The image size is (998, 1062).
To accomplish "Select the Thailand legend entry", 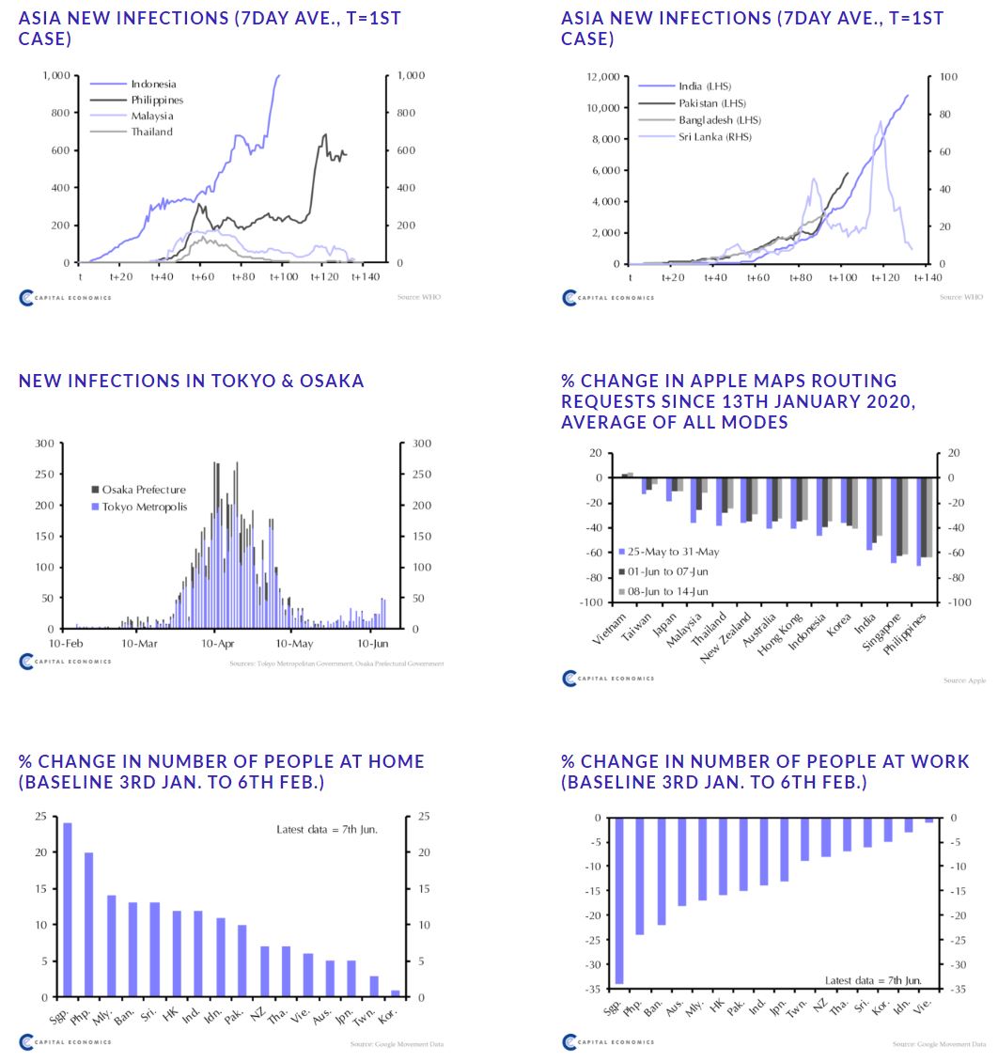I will pyautogui.click(x=151, y=133).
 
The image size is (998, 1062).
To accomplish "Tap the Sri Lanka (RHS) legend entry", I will pyautogui.click(x=714, y=137).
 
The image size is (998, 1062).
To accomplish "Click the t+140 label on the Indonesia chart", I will pyautogui.click(x=365, y=277).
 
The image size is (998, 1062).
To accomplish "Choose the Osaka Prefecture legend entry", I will pyautogui.click(x=144, y=490).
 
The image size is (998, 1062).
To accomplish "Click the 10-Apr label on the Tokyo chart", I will pyautogui.click(x=217, y=644).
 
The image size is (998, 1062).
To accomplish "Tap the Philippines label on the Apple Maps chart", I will pyautogui.click(x=908, y=633).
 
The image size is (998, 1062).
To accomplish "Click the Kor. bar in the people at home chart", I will pyautogui.click(x=395, y=993).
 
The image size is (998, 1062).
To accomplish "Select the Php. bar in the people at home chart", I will pyautogui.click(x=89, y=925).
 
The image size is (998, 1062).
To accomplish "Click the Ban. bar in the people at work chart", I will pyautogui.click(x=661, y=871).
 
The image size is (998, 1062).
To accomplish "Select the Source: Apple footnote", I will pyautogui.click(x=964, y=680).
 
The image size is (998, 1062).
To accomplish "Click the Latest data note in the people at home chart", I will pyautogui.click(x=327, y=830).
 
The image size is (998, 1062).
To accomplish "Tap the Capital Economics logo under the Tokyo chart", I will pyautogui.click(x=66, y=662).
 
